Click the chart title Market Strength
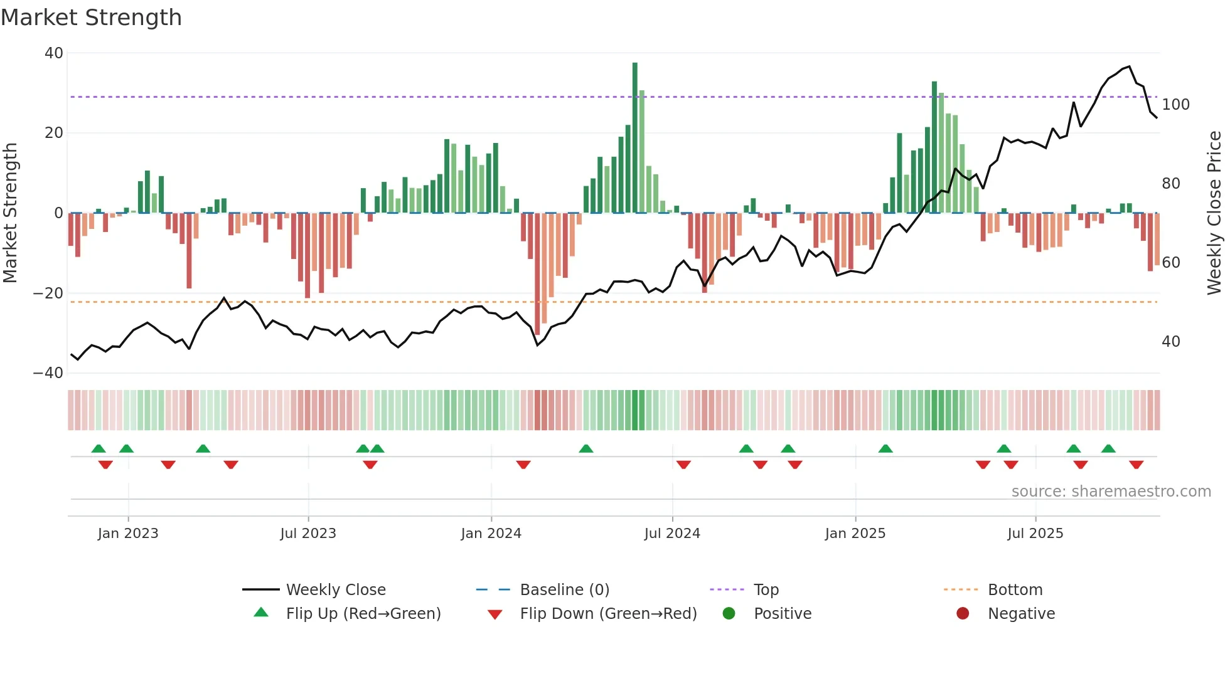tap(92, 18)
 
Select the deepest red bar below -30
tap(537, 273)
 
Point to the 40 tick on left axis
tap(54, 53)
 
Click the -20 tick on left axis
tap(48, 293)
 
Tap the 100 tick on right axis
tap(1175, 105)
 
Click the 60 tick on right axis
tap(1171, 263)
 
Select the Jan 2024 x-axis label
tap(491, 534)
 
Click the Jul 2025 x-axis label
tap(1035, 534)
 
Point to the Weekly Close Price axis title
tap(1214, 213)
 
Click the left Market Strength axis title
tap(10, 213)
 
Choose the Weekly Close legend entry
tap(335, 590)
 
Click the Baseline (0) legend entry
tap(564, 590)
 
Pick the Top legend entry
tap(766, 590)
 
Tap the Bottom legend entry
tap(1015, 590)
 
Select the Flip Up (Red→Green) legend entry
tap(363, 614)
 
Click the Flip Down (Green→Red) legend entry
tap(607, 614)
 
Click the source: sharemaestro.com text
tap(1111, 492)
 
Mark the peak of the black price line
tap(1129, 66)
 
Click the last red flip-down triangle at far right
tap(1136, 465)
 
